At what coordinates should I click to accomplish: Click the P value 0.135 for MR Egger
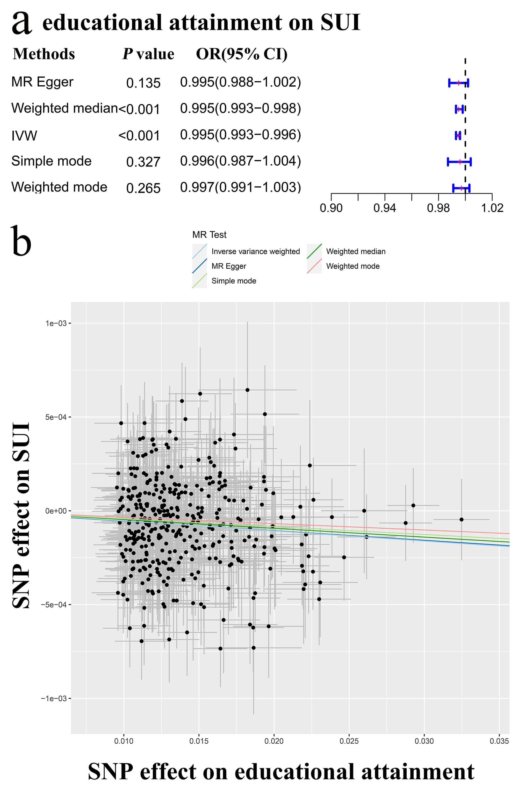pyautogui.click(x=143, y=83)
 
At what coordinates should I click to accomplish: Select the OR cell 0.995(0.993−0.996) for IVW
pyautogui.click(x=240, y=135)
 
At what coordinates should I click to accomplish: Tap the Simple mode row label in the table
pyautogui.click(x=51, y=161)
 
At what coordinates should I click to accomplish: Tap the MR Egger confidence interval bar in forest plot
pyautogui.click(x=458, y=83)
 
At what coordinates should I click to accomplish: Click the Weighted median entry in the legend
pyautogui.click(x=356, y=252)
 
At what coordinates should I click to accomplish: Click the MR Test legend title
pyautogui.click(x=209, y=235)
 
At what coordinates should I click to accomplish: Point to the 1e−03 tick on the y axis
pyautogui.click(x=56, y=323)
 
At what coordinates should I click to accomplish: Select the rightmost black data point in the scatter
pyautogui.click(x=461, y=519)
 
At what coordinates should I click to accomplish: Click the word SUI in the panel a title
pyautogui.click(x=340, y=23)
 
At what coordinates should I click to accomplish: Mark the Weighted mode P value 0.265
pyautogui.click(x=143, y=188)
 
